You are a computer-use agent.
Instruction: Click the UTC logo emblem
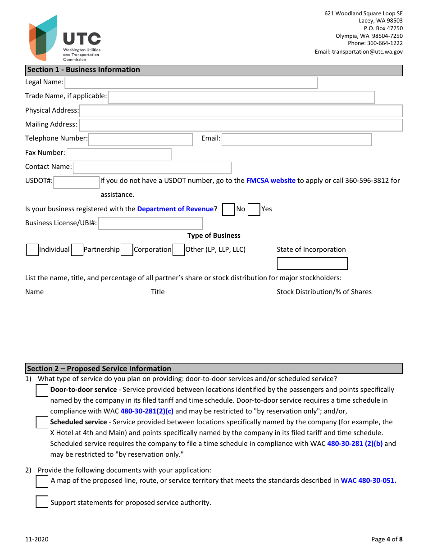point(43,38)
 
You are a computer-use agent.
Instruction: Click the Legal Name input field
point(191,83)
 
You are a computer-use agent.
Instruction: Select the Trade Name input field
point(241,97)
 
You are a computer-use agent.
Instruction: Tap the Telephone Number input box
point(141,140)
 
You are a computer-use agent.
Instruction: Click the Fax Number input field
point(119,154)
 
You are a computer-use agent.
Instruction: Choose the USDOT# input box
point(76,182)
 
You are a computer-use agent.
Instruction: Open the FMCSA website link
point(271,181)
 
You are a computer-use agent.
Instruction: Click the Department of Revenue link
point(175,209)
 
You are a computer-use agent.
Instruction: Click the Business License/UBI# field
point(150,223)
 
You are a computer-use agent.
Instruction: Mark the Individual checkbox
point(32,250)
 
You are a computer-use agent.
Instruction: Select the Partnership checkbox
point(77,250)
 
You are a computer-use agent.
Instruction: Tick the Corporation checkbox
point(127,250)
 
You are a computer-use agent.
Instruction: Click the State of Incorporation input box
point(312,263)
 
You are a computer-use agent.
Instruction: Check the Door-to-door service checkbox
point(42,391)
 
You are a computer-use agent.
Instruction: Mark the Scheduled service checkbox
point(42,422)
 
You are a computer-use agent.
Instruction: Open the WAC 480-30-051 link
point(368,481)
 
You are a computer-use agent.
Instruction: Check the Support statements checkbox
point(42,502)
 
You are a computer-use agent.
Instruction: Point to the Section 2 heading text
point(99,368)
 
